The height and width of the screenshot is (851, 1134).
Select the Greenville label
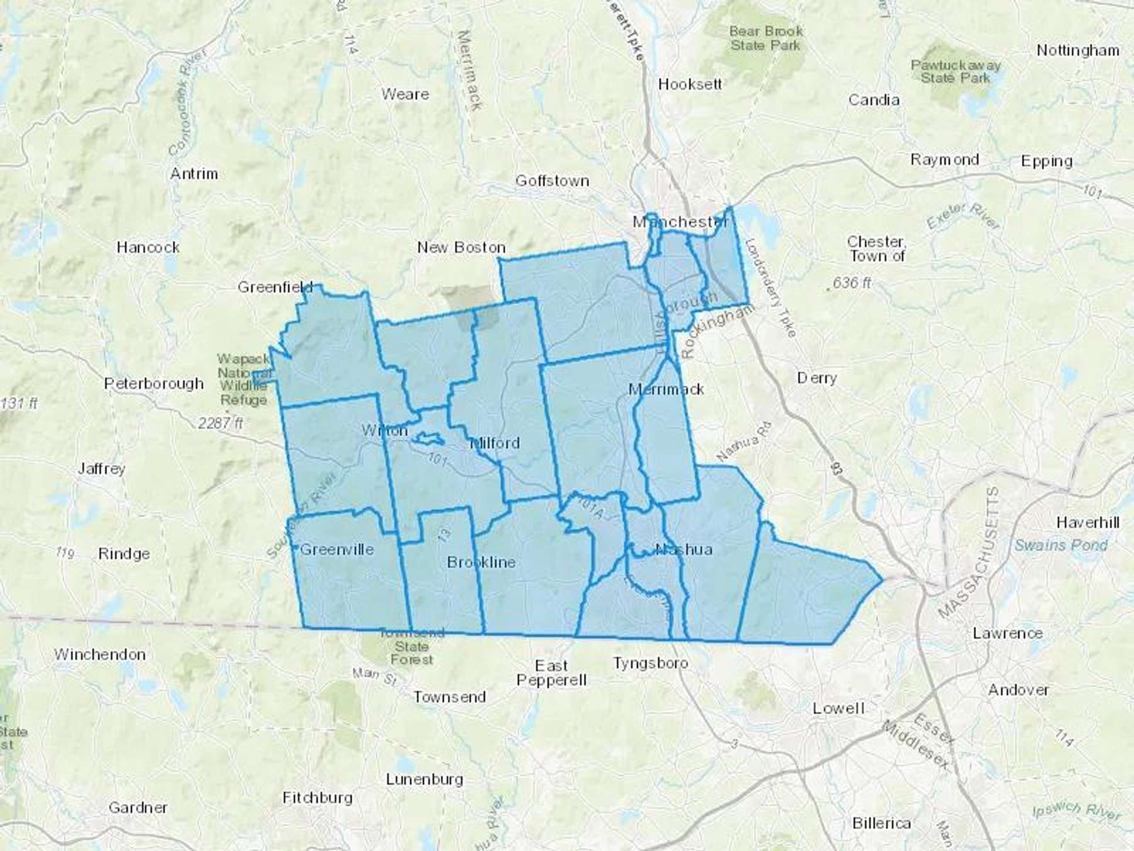pos(336,549)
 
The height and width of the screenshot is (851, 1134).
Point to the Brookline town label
pos(481,562)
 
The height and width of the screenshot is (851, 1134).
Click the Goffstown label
pos(552,181)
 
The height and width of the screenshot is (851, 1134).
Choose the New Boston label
pos(461,247)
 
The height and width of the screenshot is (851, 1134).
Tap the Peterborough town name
pos(154,383)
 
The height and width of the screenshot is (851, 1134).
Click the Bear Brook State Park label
pos(765,38)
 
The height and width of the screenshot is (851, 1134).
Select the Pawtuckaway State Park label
pos(955,71)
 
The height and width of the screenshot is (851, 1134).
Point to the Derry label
pos(816,378)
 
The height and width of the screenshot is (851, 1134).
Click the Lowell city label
pos(838,708)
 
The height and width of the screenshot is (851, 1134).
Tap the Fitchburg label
pos(317,797)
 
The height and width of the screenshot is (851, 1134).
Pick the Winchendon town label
pos(100,654)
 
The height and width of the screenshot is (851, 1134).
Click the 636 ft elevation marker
pos(852,282)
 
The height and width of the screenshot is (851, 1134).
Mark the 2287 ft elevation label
pos(220,422)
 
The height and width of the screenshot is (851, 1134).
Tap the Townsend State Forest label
pos(411,646)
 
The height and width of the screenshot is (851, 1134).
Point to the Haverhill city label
pos(1088,522)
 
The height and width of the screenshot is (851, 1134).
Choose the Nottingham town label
pos(1078,50)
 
